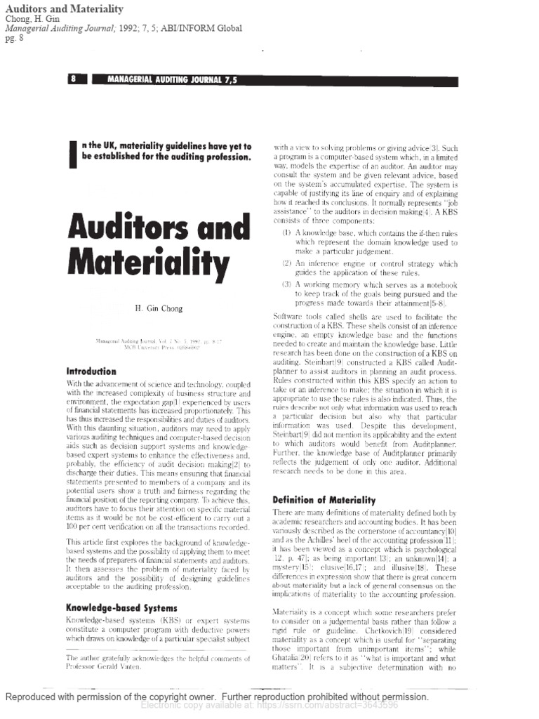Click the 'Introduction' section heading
click(91, 371)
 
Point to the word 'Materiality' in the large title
click(148, 265)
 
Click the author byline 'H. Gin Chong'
click(159, 308)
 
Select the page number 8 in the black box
click(74, 79)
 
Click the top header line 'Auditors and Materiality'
click(64, 8)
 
